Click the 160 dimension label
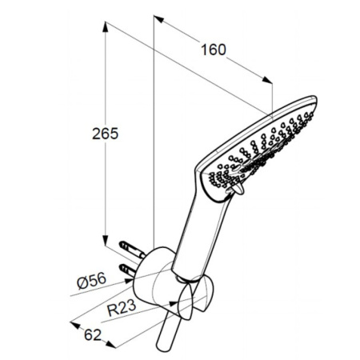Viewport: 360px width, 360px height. (214, 50)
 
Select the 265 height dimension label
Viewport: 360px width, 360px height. (105, 134)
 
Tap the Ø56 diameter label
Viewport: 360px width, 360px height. (91, 281)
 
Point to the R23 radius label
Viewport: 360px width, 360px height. (122, 308)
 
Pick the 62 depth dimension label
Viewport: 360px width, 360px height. (93, 335)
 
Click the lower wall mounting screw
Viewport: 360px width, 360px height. (128, 270)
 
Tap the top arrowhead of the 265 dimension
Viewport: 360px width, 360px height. (106, 26)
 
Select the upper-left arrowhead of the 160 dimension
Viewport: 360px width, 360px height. (158, 19)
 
